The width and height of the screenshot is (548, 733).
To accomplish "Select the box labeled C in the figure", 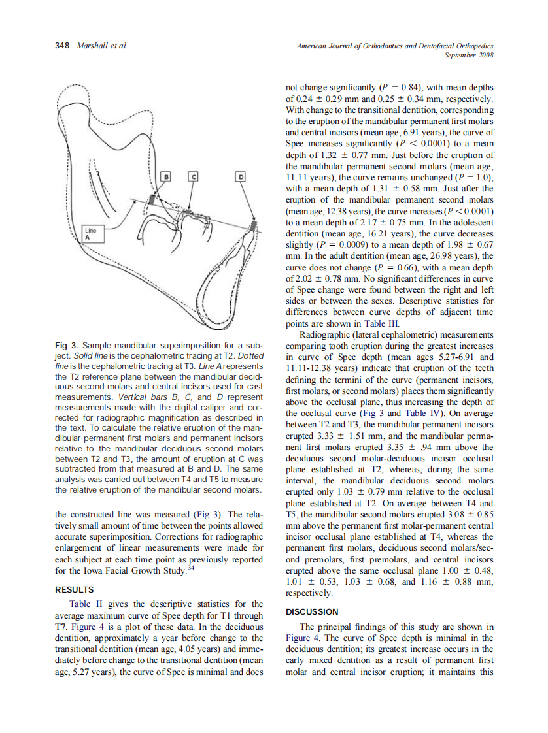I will pyautogui.click(x=192, y=176).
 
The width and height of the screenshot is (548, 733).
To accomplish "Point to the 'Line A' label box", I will pyautogui.click(x=91, y=234).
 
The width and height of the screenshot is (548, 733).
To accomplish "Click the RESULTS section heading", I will pyautogui.click(x=75, y=589).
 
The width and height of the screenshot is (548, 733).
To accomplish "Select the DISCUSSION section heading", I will pyautogui.click(x=313, y=612).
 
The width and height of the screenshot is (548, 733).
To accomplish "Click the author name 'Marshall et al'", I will pyautogui.click(x=101, y=46).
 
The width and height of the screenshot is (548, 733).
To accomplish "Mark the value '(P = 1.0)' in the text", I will pyautogui.click(x=474, y=176).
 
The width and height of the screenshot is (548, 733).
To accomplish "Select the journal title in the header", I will pyautogui.click(x=394, y=46).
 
